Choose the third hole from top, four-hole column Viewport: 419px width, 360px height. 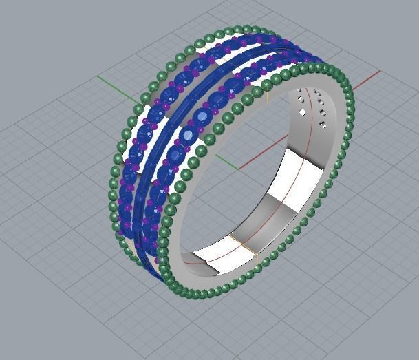point(322,113)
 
